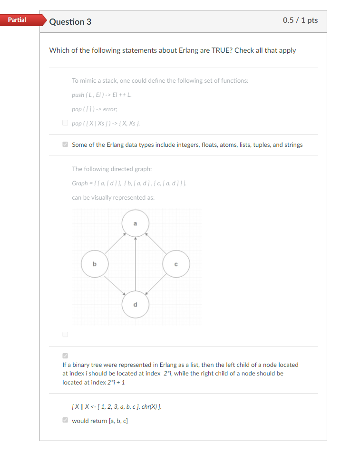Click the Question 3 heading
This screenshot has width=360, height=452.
[70, 22]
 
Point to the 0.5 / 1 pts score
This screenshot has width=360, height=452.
[300, 20]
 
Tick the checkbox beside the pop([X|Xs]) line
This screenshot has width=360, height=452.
[65, 123]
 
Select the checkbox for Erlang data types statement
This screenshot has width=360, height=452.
[65, 144]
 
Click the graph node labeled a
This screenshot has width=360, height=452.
[135, 223]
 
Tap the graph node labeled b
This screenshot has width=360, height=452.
[94, 264]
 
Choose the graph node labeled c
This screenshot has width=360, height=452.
[176, 264]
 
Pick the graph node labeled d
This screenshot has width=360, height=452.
[135, 304]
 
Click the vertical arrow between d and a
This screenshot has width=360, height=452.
[135, 264]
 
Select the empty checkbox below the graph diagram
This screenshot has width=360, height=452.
[65, 335]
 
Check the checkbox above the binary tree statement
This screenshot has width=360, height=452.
[65, 356]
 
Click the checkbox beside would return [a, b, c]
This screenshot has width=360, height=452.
[65, 420]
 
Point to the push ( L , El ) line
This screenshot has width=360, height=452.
[102, 95]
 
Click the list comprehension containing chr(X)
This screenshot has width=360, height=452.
[119, 406]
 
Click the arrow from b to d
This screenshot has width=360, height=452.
[115, 284]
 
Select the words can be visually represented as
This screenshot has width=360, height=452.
[113, 197]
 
